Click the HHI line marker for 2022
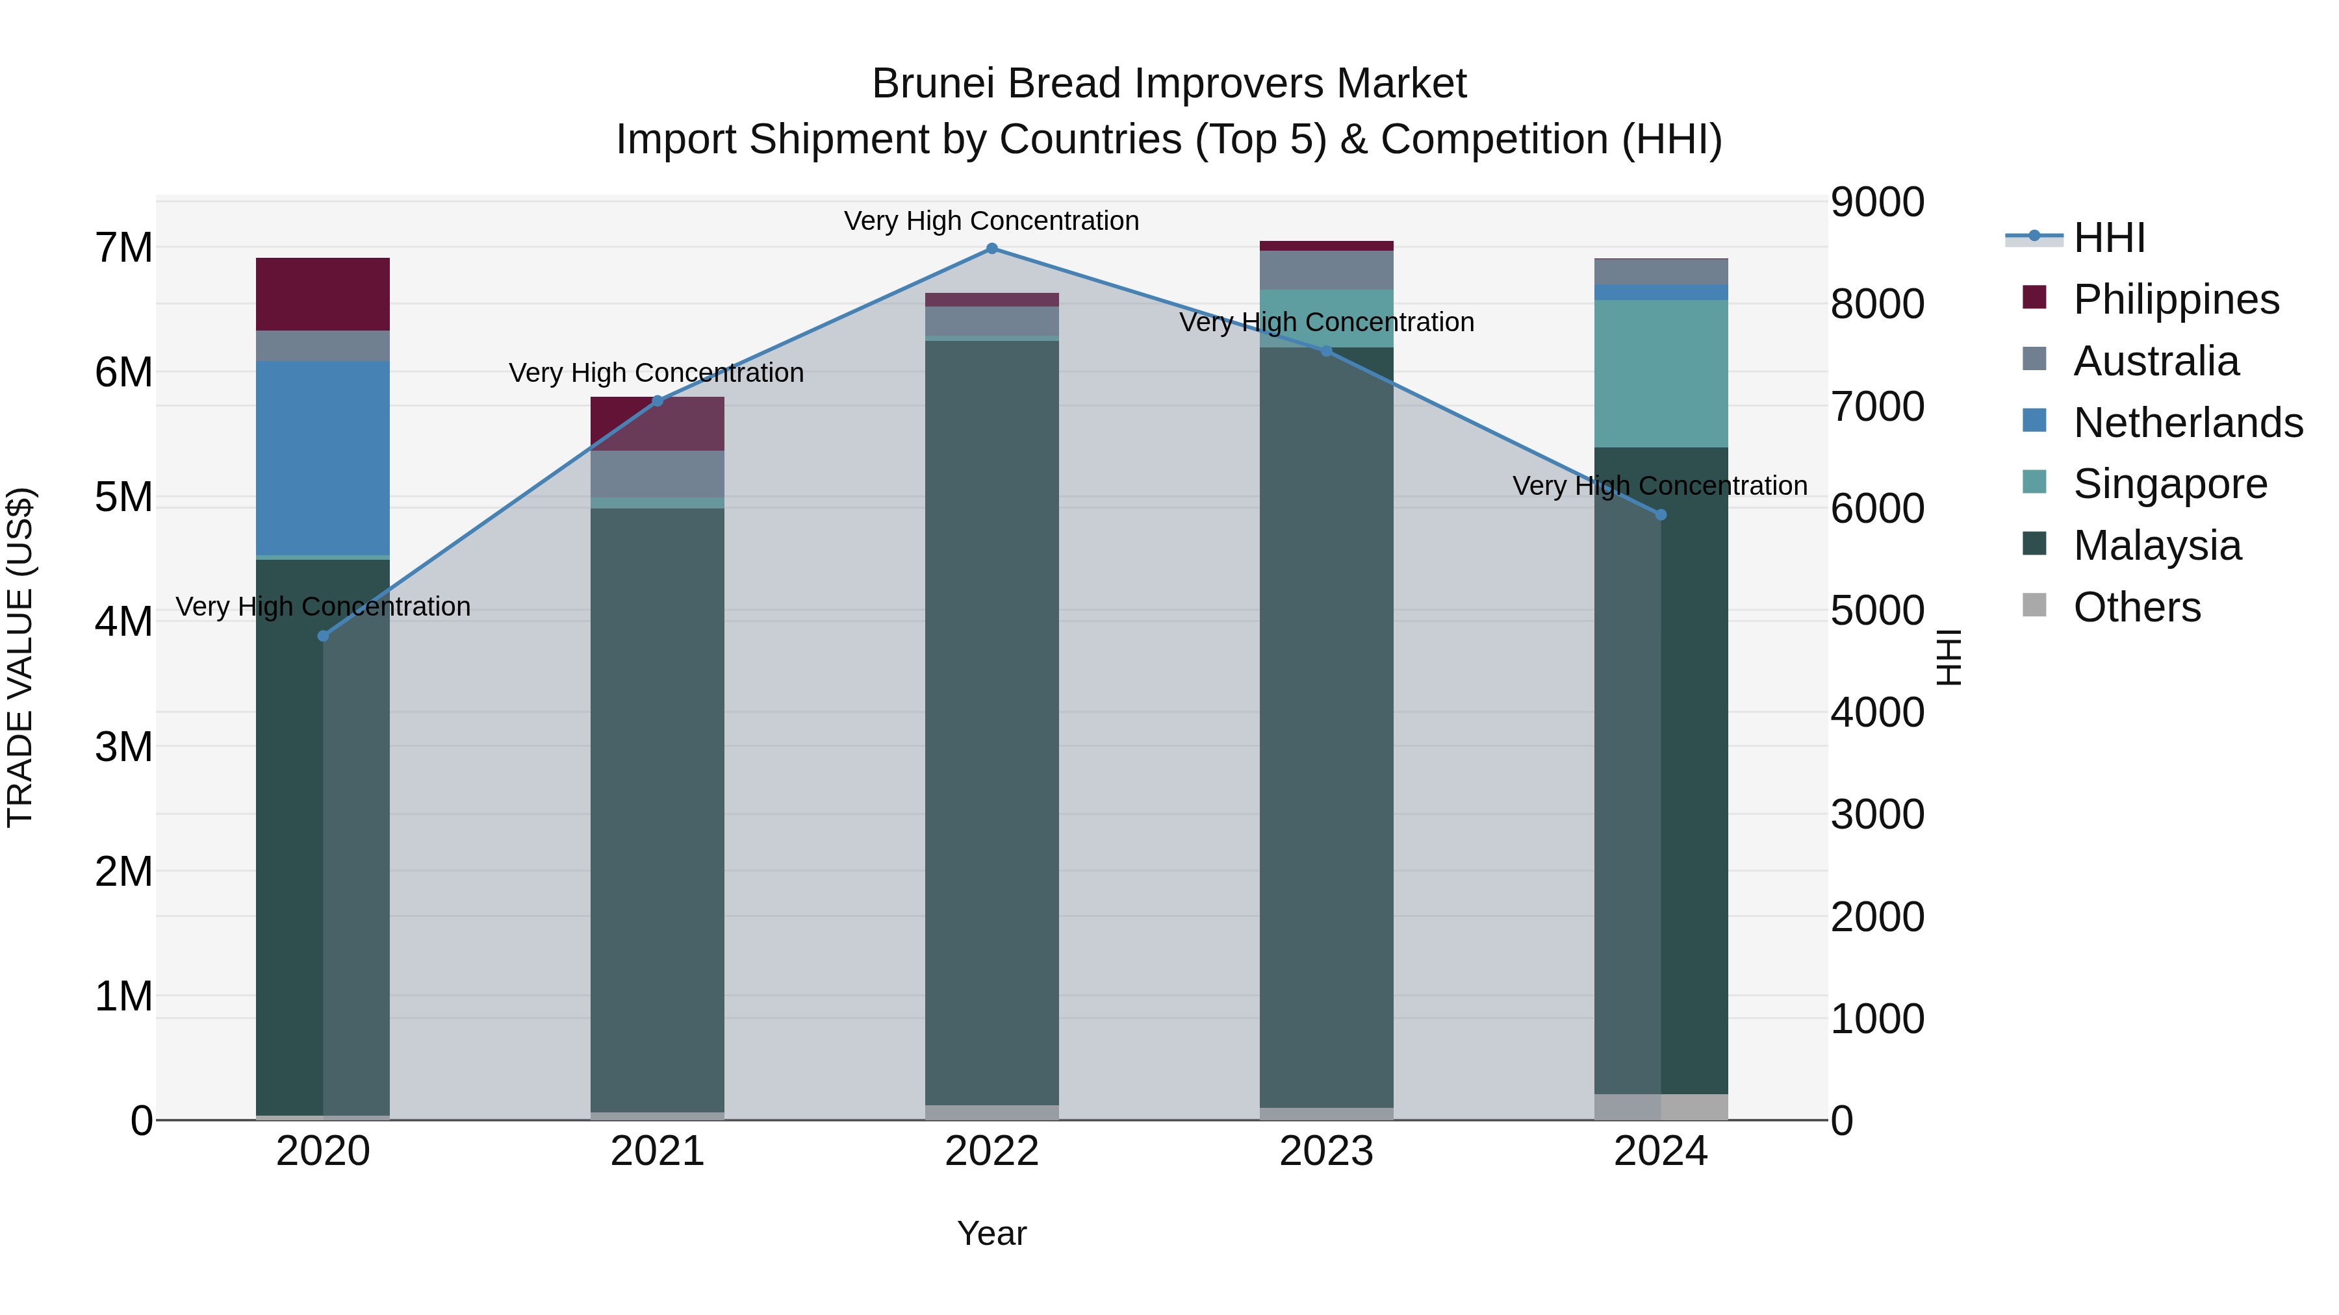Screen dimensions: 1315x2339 click(991, 249)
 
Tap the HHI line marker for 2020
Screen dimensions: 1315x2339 click(324, 636)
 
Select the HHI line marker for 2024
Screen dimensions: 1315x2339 click(1661, 514)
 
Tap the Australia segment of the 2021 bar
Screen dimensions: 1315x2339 click(658, 474)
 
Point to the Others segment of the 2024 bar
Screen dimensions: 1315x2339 click(1661, 1107)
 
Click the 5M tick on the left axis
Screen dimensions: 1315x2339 click(123, 497)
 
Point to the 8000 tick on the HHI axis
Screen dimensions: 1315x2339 click(1876, 304)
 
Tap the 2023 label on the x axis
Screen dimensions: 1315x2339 click(1325, 1151)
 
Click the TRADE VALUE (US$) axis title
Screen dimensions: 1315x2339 click(20, 657)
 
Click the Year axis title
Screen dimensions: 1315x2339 click(991, 1233)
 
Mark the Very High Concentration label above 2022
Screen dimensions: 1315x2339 click(991, 221)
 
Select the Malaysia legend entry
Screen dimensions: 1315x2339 click(2156, 545)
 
